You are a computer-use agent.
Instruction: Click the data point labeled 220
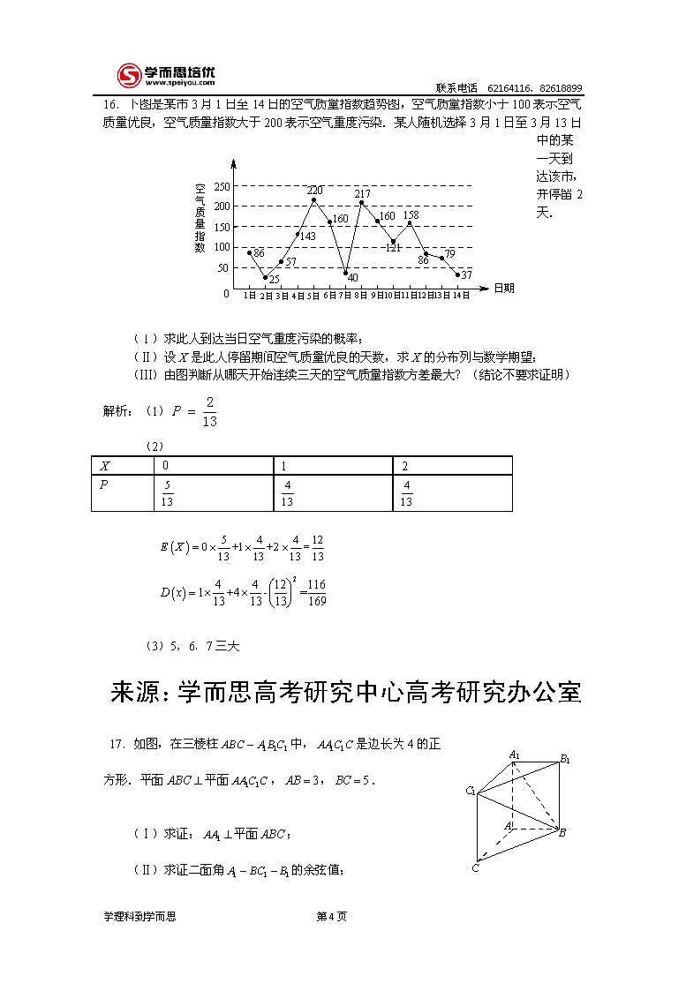[x=313, y=200]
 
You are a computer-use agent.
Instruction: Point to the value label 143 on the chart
[x=307, y=236]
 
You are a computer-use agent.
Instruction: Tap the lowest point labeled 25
[x=265, y=277]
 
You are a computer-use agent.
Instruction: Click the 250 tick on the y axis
[x=221, y=186]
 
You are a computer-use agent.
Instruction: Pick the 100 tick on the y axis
[x=221, y=247]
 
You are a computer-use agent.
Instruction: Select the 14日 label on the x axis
[x=461, y=296]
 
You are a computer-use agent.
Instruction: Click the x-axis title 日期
[x=504, y=288]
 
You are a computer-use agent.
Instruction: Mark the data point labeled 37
[x=457, y=274]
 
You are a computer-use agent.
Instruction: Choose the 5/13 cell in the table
[x=167, y=493]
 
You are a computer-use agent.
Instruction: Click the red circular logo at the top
[x=129, y=76]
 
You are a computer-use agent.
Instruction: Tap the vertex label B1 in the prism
[x=565, y=759]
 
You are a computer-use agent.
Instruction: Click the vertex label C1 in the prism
[x=471, y=790]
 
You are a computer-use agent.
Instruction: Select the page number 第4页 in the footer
[x=331, y=916]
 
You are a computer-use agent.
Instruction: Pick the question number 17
[x=116, y=744]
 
